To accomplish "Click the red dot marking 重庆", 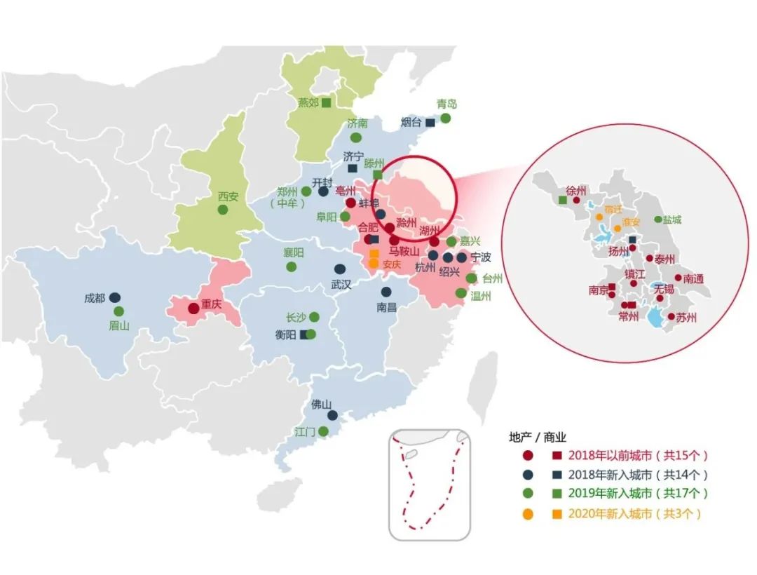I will click(x=193, y=309).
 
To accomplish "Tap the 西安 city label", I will click(x=228, y=196).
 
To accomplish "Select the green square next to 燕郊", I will click(x=326, y=102).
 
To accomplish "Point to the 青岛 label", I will click(x=446, y=104).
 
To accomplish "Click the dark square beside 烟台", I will click(x=430, y=123).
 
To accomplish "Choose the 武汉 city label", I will click(x=341, y=285).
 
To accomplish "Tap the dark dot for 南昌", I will click(x=386, y=292).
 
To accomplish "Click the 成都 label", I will click(x=94, y=298).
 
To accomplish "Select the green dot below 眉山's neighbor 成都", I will click(x=118, y=311).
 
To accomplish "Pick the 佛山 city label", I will click(x=321, y=405).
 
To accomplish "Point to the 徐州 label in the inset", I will click(x=575, y=190).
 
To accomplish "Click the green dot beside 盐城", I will click(x=658, y=219).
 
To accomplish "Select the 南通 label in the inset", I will click(x=693, y=278).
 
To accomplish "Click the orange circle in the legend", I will click(x=528, y=514).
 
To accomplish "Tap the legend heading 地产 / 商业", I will click(x=537, y=436).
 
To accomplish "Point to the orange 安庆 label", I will click(x=392, y=264).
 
